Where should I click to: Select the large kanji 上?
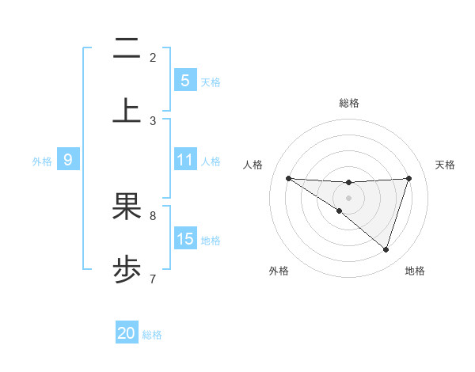click(127, 109)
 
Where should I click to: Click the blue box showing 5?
click(184, 80)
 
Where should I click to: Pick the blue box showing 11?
click(184, 160)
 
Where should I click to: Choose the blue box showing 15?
click(184, 239)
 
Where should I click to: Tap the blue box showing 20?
click(127, 333)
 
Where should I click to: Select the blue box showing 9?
click(68, 160)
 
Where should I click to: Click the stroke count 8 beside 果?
click(153, 214)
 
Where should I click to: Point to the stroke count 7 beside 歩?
click(153, 279)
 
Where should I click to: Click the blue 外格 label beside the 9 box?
click(42, 161)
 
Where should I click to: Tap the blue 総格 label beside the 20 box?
click(152, 334)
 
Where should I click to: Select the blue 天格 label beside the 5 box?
click(211, 81)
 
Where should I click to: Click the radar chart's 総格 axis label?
click(349, 103)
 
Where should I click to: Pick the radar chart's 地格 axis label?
click(415, 271)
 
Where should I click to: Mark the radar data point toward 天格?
click(409, 178)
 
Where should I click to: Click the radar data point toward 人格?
click(288, 178)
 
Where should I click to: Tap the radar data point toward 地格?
click(386, 249)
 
